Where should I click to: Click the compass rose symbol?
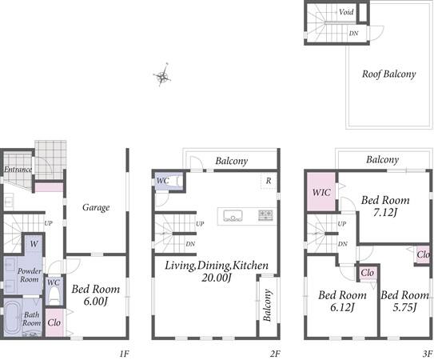tap(162, 75)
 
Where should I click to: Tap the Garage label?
tap(96, 207)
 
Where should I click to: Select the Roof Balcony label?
tap(389, 74)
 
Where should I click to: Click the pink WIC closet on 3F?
tap(321, 192)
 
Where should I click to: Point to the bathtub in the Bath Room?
tap(12, 317)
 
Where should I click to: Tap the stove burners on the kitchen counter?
tap(265, 215)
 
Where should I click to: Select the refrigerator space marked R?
tap(269, 182)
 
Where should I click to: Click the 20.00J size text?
tap(216, 278)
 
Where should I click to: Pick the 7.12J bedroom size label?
tap(385, 213)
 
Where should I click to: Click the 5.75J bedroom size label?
tap(404, 307)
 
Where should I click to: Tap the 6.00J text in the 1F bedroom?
tap(95, 301)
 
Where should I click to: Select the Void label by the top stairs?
tap(346, 12)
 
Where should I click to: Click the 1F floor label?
tap(124, 354)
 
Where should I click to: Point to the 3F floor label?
tap(427, 354)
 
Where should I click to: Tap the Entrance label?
tap(18, 170)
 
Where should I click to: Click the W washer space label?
tap(34, 244)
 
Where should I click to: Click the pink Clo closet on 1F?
tap(54, 322)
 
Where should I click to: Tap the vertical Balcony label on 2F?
tap(267, 305)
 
